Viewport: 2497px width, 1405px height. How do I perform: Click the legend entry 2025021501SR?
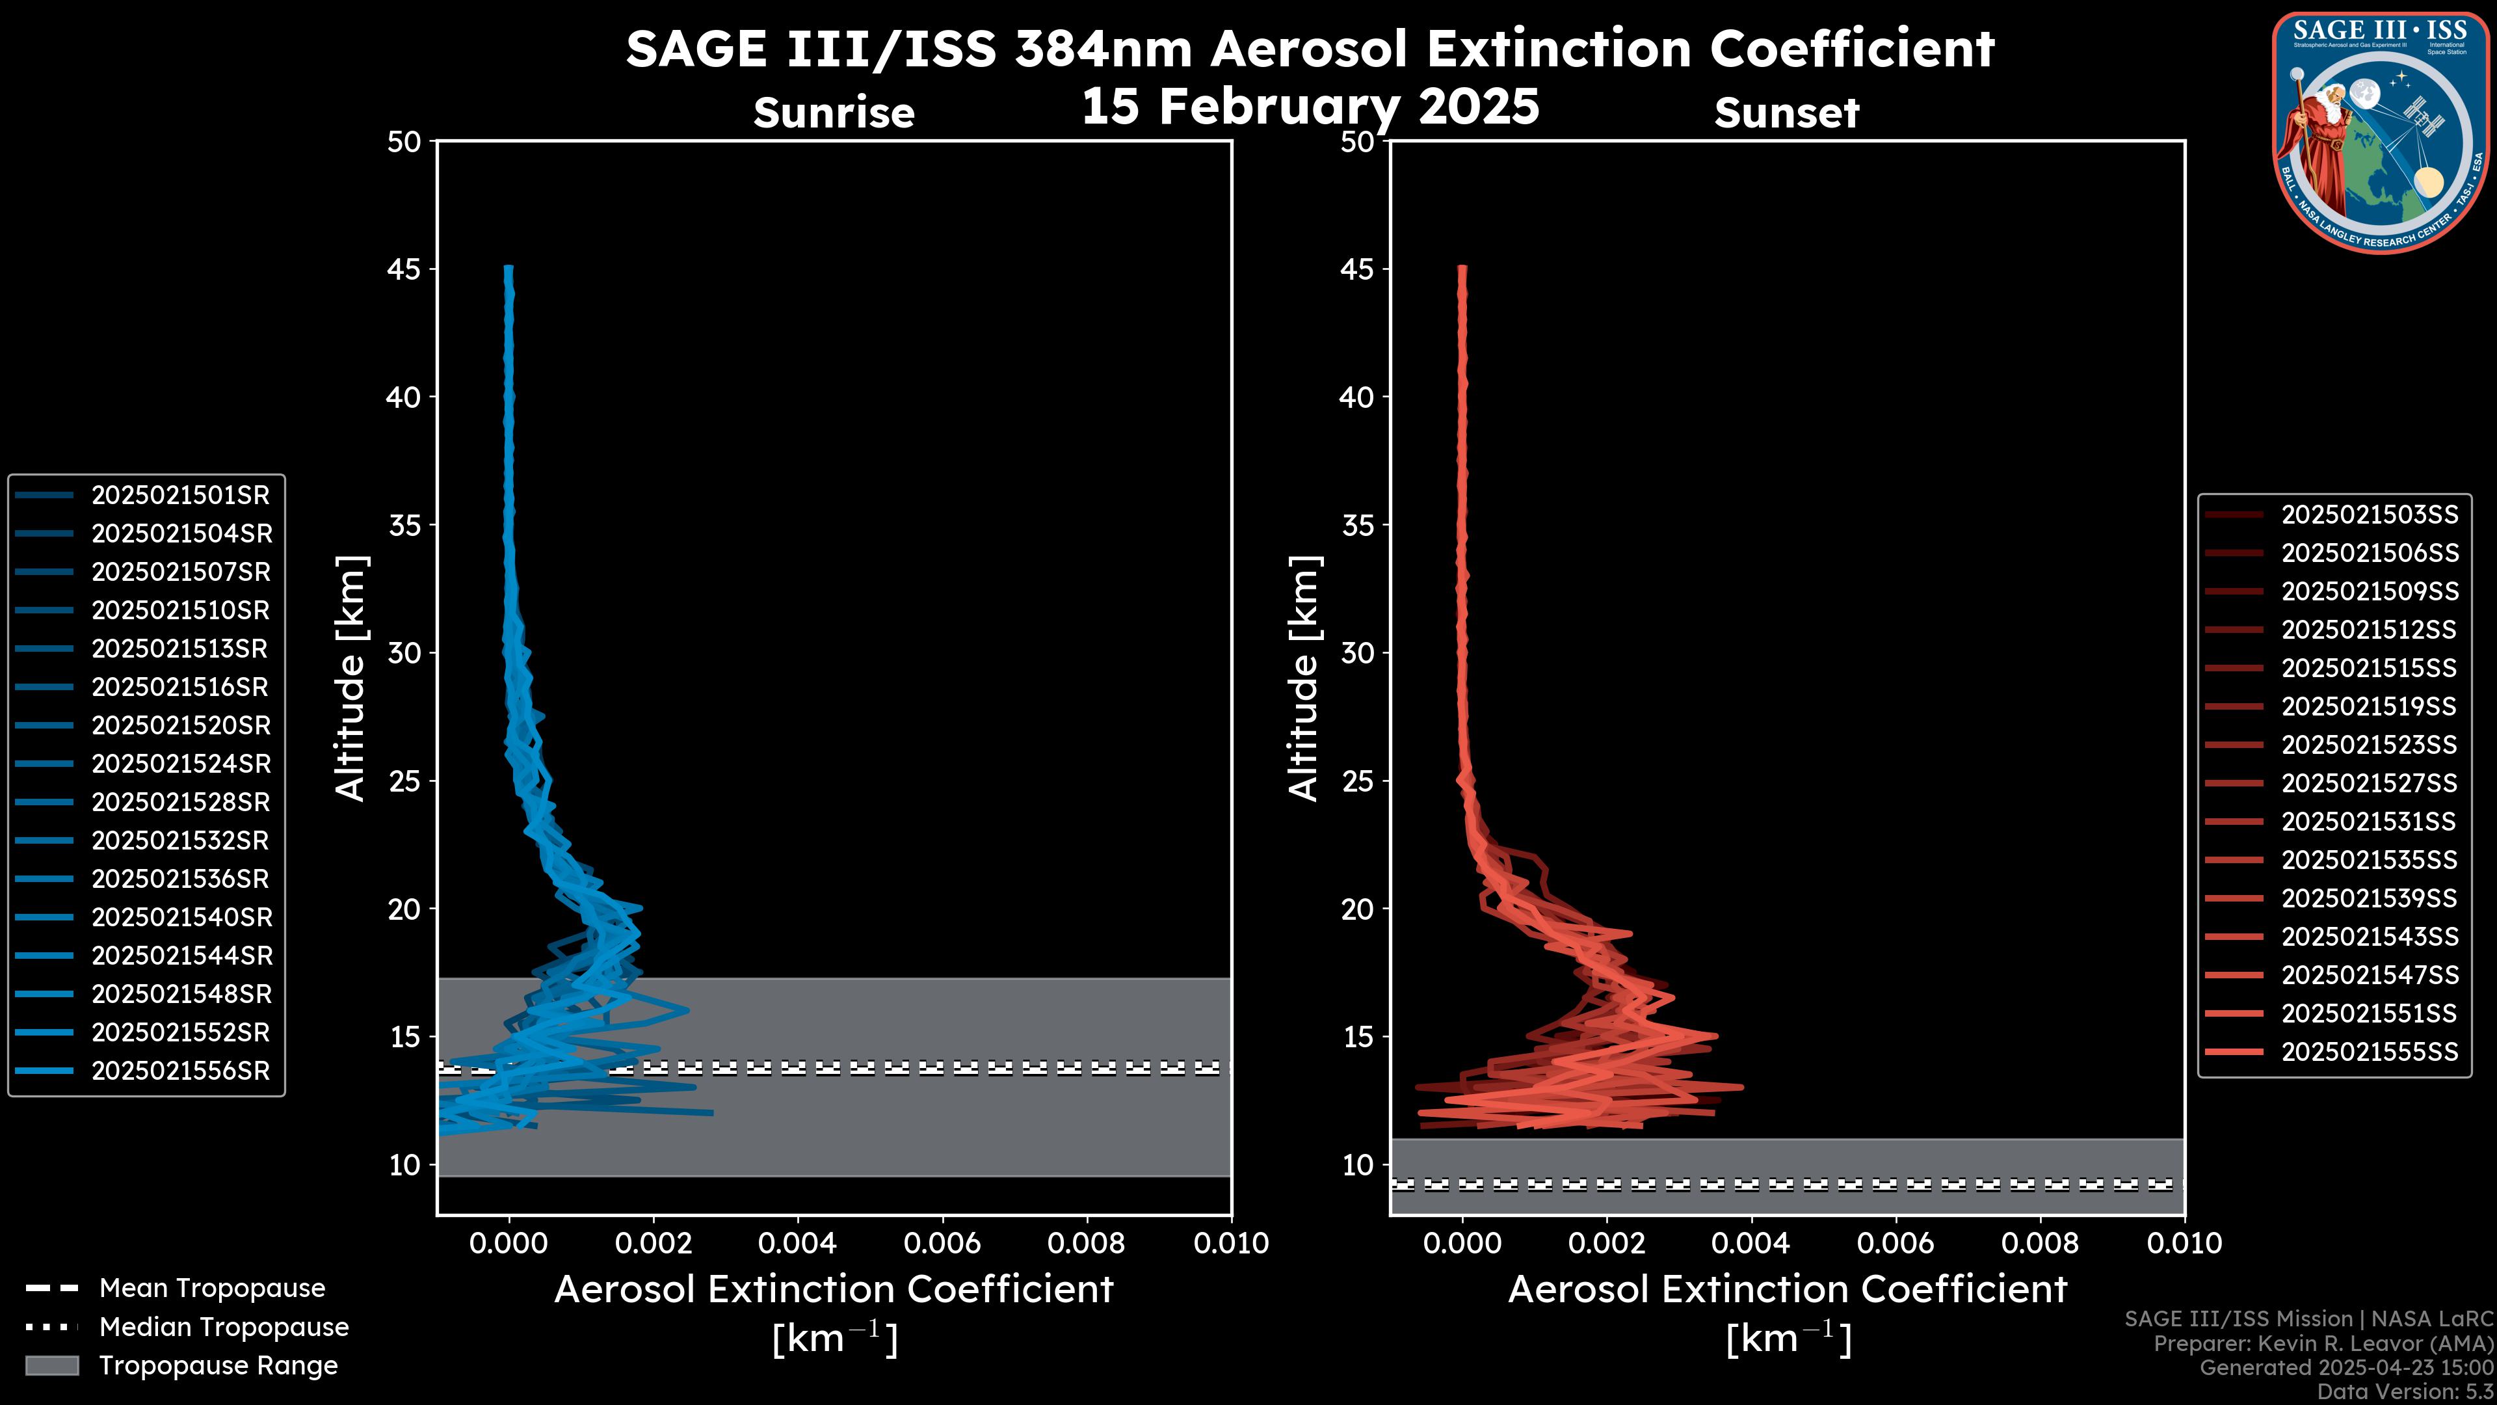pos(180,496)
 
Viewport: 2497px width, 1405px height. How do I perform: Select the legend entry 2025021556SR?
pos(180,1071)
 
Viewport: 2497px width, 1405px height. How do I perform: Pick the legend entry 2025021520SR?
pos(180,725)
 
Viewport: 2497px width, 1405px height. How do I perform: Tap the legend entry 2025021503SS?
pos(2369,515)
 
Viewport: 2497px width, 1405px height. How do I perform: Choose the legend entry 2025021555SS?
pos(2369,1052)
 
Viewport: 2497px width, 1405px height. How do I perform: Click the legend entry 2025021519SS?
pos(2369,707)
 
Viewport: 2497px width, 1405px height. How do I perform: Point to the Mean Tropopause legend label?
pos(211,1289)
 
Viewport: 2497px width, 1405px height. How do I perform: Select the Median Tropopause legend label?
pos(223,1328)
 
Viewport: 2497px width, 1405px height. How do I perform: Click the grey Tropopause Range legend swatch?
pos(51,1365)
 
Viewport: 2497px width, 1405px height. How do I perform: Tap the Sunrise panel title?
pos(834,113)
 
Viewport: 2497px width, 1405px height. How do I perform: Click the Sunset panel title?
pos(1786,113)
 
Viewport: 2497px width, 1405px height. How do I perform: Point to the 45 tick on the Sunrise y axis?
pos(404,269)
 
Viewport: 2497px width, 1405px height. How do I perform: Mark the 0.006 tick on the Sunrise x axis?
pos(942,1243)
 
